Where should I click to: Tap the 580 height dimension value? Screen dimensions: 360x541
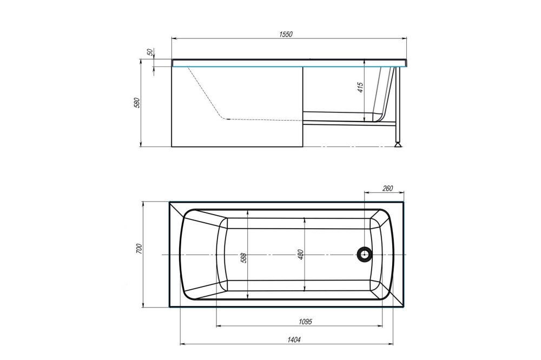137,103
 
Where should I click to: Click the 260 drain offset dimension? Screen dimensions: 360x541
387,188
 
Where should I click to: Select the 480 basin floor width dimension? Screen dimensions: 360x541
300,255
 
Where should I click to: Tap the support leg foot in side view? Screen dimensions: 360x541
399,144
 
